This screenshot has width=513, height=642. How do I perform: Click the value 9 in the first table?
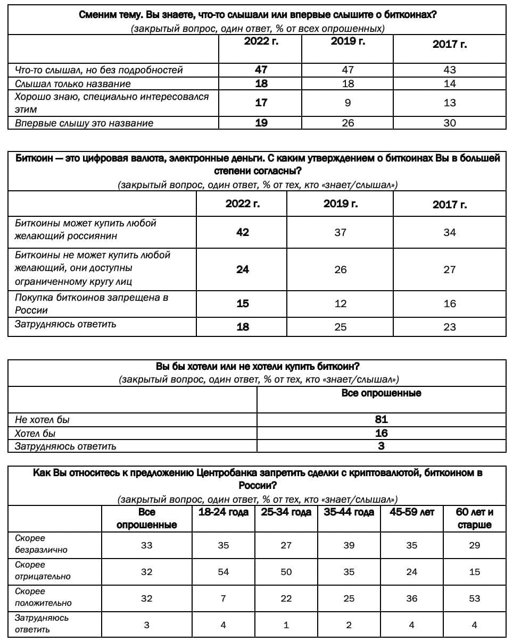coord(347,103)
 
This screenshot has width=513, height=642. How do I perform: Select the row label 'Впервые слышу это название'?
coord(84,123)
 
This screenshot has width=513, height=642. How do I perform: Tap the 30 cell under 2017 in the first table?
coord(450,123)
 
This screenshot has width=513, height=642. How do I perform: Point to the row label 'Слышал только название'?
coord(72,84)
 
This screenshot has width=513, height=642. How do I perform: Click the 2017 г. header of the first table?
coord(450,45)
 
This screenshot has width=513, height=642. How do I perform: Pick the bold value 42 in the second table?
coord(243,232)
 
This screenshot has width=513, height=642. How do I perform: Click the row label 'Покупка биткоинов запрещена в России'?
coord(92,303)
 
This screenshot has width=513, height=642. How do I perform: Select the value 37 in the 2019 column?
coord(341,232)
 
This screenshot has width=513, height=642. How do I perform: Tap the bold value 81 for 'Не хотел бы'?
coord(381,419)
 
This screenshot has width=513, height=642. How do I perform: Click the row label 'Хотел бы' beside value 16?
coord(35,433)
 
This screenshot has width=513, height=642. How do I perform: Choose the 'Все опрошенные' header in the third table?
coord(381,393)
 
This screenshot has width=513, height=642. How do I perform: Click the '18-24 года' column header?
coord(224,512)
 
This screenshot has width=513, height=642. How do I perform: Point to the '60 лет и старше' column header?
coord(475,519)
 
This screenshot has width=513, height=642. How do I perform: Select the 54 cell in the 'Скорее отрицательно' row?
coord(224,572)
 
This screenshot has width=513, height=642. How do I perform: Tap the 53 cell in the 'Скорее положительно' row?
coord(475,598)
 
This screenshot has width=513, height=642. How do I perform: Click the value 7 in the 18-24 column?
coord(224,598)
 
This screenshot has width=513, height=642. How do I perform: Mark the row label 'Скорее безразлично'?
coord(41,544)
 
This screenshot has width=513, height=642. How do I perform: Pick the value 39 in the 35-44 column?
coord(349,545)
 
